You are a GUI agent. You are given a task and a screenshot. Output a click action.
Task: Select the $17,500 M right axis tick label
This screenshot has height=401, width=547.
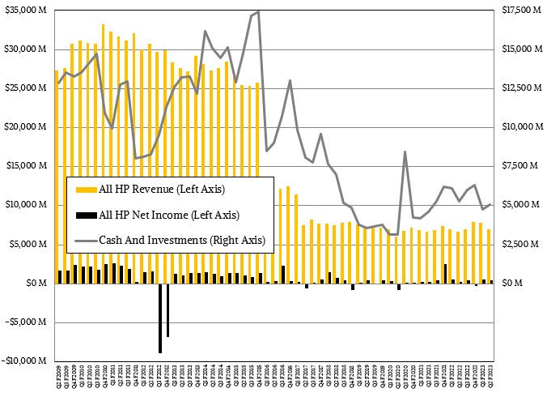tap(520, 11)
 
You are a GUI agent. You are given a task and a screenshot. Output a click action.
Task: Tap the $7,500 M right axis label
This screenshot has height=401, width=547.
tap(519, 166)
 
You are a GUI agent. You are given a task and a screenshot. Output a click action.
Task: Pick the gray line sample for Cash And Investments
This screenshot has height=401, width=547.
tap(84, 240)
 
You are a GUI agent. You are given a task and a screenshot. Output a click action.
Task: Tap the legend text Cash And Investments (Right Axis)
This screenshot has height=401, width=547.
tap(182, 240)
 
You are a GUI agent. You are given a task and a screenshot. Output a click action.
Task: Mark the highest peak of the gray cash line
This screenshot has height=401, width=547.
tap(258, 11)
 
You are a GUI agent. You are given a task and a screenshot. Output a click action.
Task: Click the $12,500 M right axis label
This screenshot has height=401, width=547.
tap(520, 88)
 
